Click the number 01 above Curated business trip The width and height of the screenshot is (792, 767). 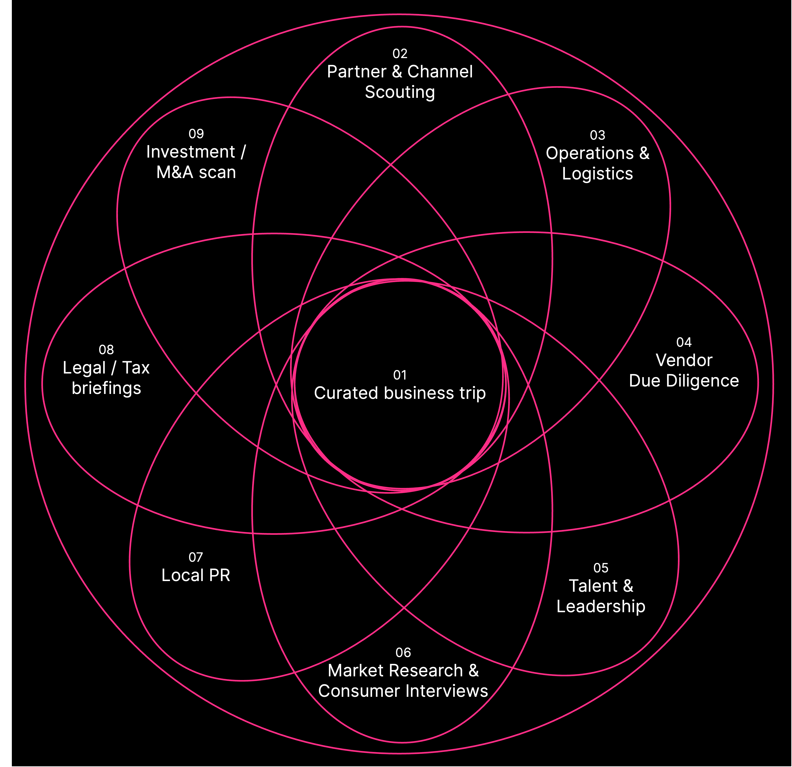coord(400,375)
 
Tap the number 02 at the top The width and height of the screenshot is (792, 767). coord(400,54)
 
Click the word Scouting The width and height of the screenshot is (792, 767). coord(400,92)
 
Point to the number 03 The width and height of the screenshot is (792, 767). coord(597,135)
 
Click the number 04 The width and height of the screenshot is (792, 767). coord(684,342)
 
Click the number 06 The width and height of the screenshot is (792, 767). coord(403,653)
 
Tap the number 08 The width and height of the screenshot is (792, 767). coord(106,350)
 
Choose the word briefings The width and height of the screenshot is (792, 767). coord(106,388)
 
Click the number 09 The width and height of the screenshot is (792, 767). coord(196,134)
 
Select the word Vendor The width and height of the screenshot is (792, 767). coord(684,360)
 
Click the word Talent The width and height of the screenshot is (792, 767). coord(593,586)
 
